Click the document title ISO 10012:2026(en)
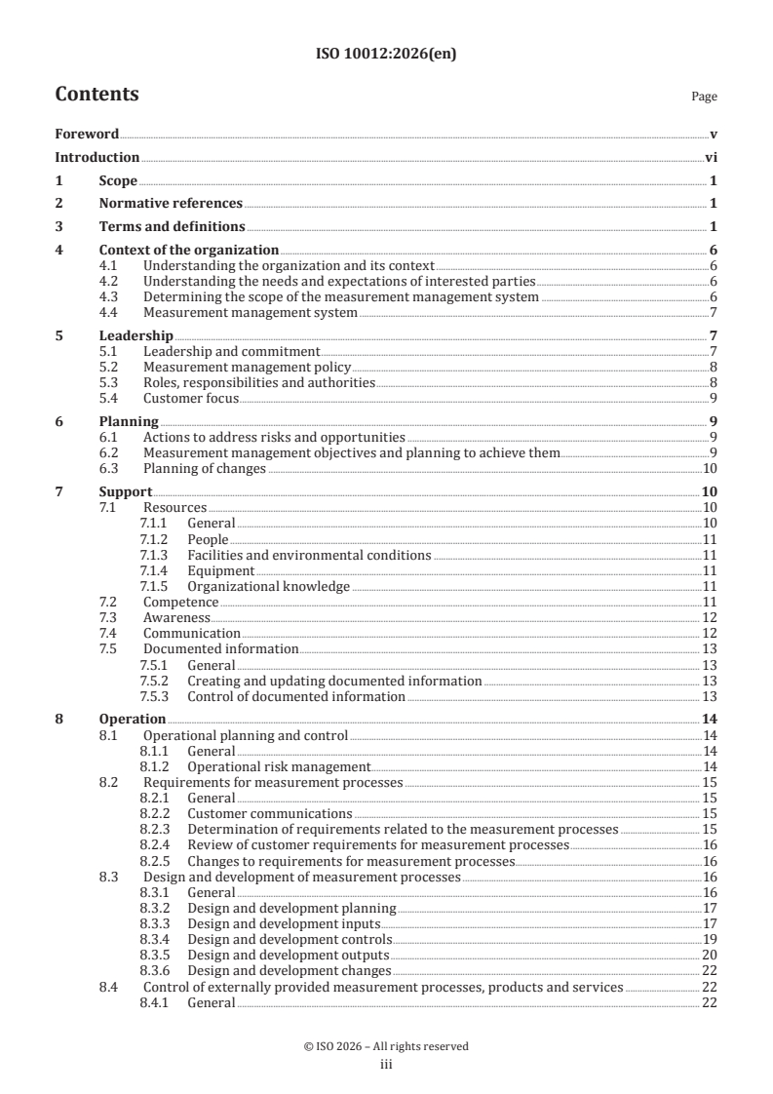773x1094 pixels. pyautogui.click(x=386, y=55)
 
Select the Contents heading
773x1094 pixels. pyautogui.click(x=97, y=95)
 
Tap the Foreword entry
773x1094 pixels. pyautogui.click(x=87, y=134)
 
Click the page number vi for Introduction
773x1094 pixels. pyautogui.click(x=711, y=157)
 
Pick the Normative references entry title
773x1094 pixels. pyautogui.click(x=171, y=204)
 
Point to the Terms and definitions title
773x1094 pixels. pyautogui.click(x=172, y=227)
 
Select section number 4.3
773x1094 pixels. pyautogui.click(x=109, y=296)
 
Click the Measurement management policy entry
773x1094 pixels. pyautogui.click(x=247, y=368)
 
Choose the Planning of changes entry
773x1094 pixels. pyautogui.click(x=205, y=469)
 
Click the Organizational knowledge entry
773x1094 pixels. pyautogui.click(x=268, y=586)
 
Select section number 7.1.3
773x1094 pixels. pyautogui.click(x=154, y=555)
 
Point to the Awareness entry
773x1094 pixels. pyautogui.click(x=176, y=617)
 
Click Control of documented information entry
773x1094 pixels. pyautogui.click(x=295, y=696)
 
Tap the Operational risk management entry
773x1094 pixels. pyautogui.click(x=279, y=767)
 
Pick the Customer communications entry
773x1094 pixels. pyautogui.click(x=269, y=813)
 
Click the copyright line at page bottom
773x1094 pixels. pyautogui.click(x=386, y=1046)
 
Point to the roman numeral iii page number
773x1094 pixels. pyautogui.click(x=386, y=1065)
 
